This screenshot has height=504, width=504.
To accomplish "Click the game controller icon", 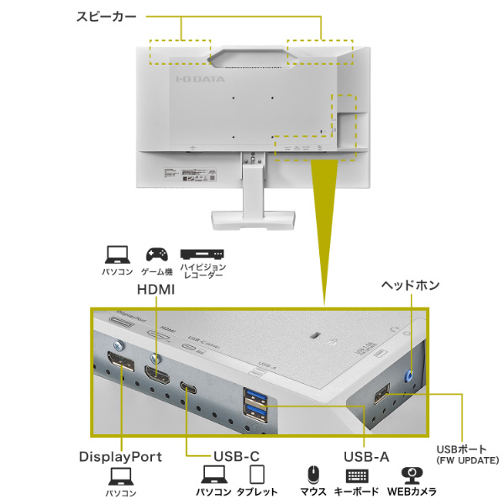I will tap(156, 254).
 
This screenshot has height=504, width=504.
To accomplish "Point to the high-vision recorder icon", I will tap(202, 254).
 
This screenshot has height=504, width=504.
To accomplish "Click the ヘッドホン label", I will tap(411, 286).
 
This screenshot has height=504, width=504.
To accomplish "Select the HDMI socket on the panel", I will tap(155, 374).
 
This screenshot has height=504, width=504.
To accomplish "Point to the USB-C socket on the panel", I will tap(186, 387).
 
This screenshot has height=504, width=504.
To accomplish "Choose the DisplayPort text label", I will tap(120, 457).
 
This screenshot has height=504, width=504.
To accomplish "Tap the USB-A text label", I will tap(366, 457).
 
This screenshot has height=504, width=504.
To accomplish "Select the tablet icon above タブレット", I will tap(257, 475).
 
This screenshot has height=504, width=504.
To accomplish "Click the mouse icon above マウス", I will tap(313, 475).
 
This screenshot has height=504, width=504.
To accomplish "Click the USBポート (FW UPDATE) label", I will tap(468, 454).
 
